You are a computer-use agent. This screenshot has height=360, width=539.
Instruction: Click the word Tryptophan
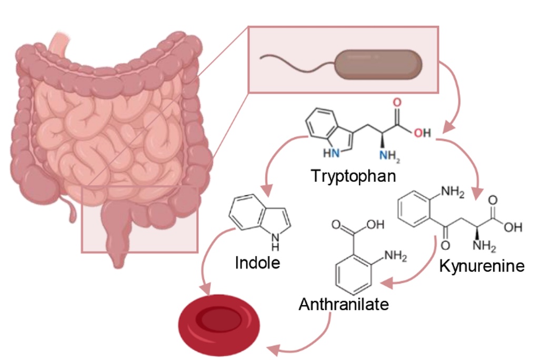(x=353, y=175)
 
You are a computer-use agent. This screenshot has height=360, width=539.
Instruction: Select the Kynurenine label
(x=482, y=266)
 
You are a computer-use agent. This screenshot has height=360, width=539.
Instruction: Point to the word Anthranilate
(x=344, y=304)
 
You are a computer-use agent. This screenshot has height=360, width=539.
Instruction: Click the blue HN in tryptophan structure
(x=332, y=154)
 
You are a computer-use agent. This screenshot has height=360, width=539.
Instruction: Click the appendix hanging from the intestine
(x=72, y=211)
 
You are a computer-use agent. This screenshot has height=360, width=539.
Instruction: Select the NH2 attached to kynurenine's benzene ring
(x=452, y=192)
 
